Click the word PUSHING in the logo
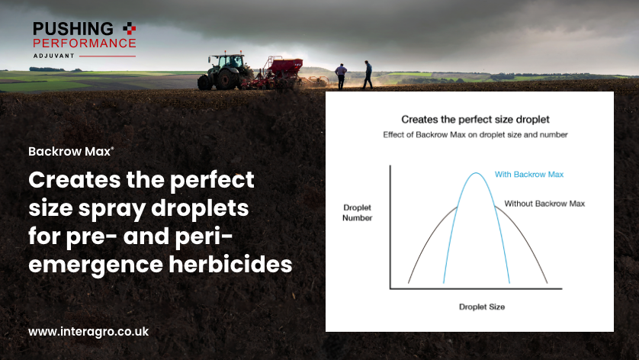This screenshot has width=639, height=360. point(72,28)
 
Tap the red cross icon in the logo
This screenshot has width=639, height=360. point(130,28)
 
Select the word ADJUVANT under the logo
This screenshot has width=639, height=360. point(55,56)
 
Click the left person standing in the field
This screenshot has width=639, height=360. point(341,76)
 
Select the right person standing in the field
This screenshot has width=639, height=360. point(368,74)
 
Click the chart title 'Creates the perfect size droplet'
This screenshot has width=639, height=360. point(475,120)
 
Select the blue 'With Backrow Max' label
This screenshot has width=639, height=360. point(528,175)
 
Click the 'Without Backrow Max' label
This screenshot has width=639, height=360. point(544,204)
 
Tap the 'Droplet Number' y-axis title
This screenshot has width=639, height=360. point(357,213)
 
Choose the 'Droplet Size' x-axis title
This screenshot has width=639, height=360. point(481,307)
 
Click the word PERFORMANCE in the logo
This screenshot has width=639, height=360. point(84,43)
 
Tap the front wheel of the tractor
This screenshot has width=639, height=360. point(205,82)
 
